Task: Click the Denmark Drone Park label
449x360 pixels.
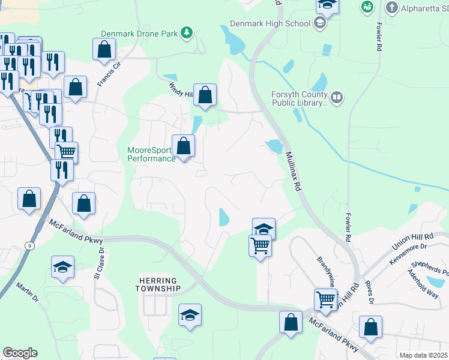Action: [139, 34]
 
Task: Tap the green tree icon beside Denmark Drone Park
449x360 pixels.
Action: [187, 32]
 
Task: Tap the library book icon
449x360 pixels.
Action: [337, 97]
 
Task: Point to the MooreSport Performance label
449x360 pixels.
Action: [151, 154]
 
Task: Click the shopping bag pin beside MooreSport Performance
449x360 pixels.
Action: [184, 146]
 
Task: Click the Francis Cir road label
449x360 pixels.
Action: [109, 73]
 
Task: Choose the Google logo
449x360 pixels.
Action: [20, 353]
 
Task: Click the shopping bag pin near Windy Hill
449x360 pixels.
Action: [205, 95]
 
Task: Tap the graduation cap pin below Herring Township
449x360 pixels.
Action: [190, 315]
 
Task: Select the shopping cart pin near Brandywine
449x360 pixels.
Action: [325, 299]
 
